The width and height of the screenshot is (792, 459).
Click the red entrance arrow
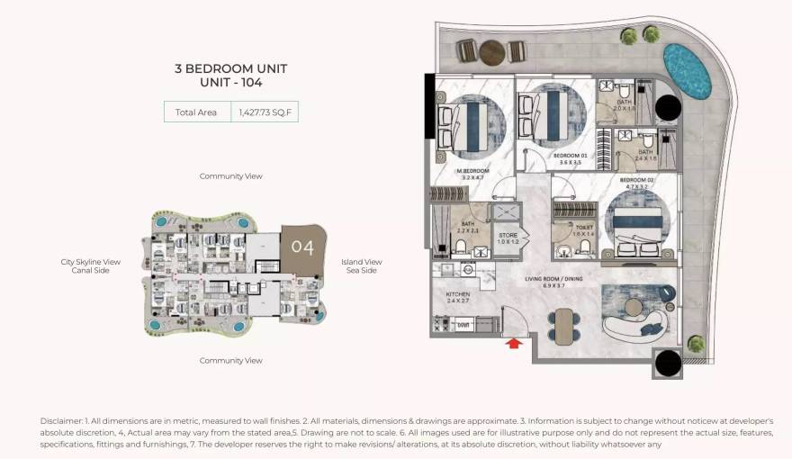(514, 342)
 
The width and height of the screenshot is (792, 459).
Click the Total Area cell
(196, 112)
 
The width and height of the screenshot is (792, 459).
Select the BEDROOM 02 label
(635, 184)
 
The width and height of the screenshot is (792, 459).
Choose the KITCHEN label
(459, 297)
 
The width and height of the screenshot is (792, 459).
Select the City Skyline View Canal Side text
(90, 266)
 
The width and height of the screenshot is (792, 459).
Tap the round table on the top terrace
(491, 53)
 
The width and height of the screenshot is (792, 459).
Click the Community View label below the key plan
(231, 361)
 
